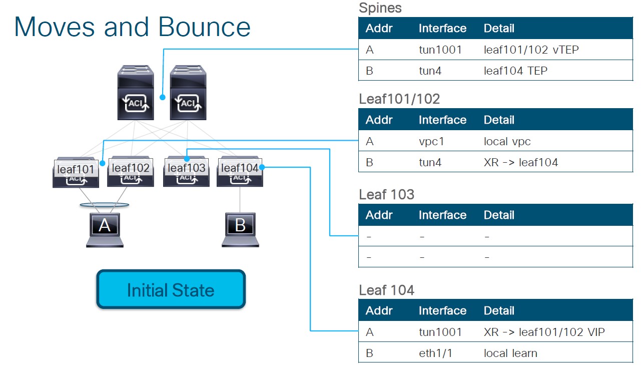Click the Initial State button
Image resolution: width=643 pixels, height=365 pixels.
click(171, 290)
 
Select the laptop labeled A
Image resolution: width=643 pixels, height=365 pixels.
click(105, 229)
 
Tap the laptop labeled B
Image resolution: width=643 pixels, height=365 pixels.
click(240, 229)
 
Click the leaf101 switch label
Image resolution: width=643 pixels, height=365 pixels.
click(76, 169)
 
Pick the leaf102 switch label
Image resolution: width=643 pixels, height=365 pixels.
click(131, 168)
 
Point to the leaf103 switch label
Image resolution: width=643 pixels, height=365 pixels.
click(186, 168)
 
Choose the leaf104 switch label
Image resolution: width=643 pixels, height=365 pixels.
click(240, 168)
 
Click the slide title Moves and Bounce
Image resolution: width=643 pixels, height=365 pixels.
click(132, 27)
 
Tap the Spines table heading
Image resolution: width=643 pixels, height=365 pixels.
click(380, 8)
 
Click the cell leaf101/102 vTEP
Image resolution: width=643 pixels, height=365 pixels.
click(531, 50)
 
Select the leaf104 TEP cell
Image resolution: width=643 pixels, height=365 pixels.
click(515, 71)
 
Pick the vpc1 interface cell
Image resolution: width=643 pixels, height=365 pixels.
click(431, 141)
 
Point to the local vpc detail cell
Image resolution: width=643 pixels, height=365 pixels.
click(507, 141)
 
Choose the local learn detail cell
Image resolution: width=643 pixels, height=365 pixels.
click(510, 353)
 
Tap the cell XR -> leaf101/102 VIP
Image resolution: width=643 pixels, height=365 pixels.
click(544, 332)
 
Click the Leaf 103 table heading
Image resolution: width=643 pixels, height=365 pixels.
click(386, 194)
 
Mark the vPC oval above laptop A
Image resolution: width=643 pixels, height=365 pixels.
click(104, 205)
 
